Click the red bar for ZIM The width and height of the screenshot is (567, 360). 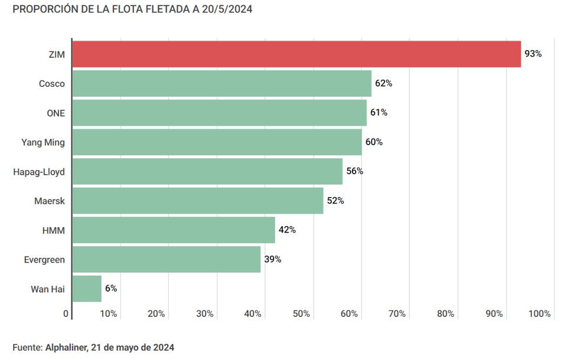pyautogui.click(x=296, y=54)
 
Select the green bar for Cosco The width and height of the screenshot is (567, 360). pyautogui.click(x=221, y=83)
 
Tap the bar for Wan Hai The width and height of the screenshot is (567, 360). pyautogui.click(x=87, y=289)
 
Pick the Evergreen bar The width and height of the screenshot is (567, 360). pyautogui.click(x=166, y=259)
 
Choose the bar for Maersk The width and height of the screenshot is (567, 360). pyautogui.click(x=197, y=201)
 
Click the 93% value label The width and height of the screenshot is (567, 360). pyautogui.click(x=533, y=54)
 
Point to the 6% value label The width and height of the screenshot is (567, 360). pyautogui.click(x=111, y=289)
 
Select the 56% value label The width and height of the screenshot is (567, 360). pyautogui.click(x=354, y=171)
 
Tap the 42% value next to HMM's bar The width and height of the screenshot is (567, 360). pyautogui.click(x=287, y=230)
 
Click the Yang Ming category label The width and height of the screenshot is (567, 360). pyautogui.click(x=43, y=142)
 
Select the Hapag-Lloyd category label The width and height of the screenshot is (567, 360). pyautogui.click(x=39, y=172)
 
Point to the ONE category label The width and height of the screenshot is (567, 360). pyautogui.click(x=56, y=113)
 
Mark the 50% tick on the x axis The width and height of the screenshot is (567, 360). pyautogui.click(x=301, y=314)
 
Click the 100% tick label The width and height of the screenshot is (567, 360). pyautogui.click(x=540, y=314)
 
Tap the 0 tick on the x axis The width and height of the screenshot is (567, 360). pyautogui.click(x=66, y=314)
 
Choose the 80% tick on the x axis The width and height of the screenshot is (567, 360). pyautogui.click(x=445, y=314)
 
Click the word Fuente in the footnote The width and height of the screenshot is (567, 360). pyautogui.click(x=27, y=348)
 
